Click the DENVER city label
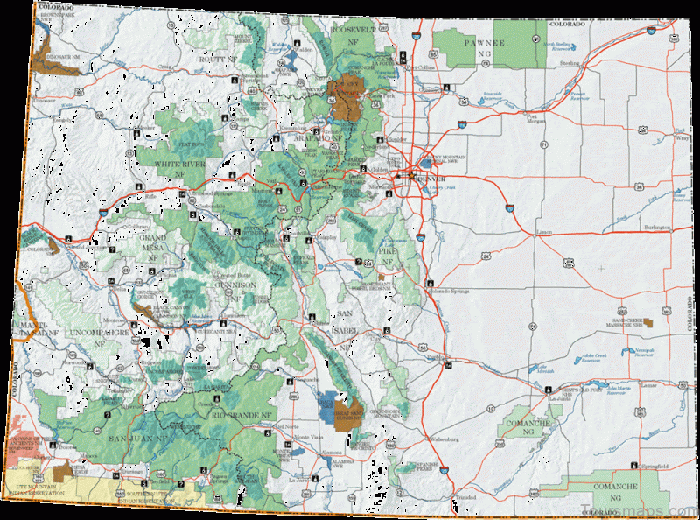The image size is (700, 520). pos(430,178)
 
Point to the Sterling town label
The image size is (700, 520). pos(570,64)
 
